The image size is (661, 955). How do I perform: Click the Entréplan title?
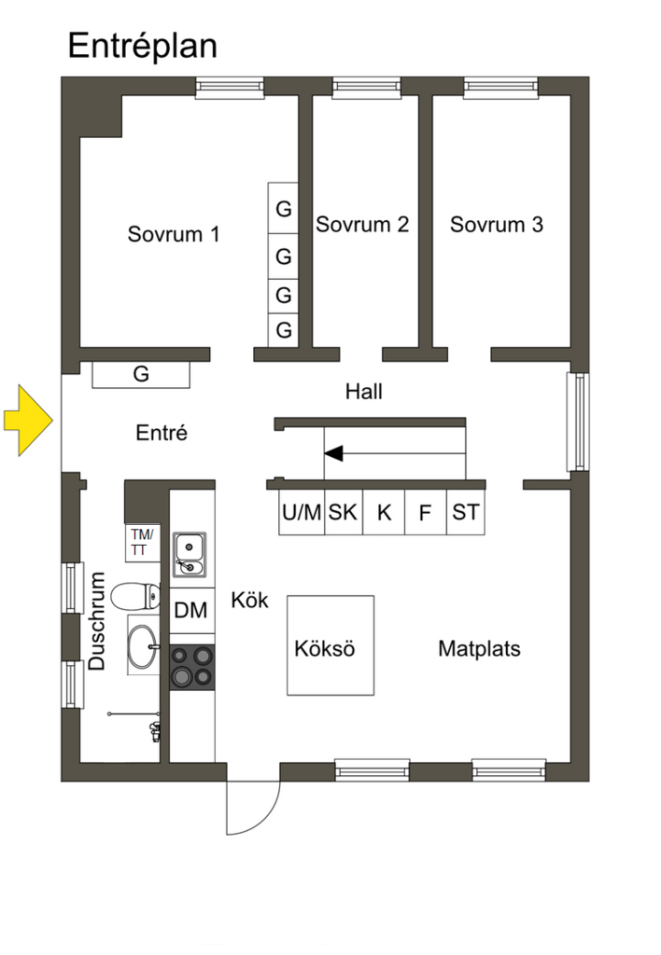tap(142, 45)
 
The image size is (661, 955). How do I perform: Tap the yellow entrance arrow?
tap(29, 422)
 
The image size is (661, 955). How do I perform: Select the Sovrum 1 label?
tap(174, 234)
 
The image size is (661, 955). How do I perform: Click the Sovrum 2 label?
tap(362, 225)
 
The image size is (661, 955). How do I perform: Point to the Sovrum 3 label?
tap(497, 225)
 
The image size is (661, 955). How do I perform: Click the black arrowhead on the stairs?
tap(333, 454)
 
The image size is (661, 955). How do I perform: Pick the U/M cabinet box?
tap(302, 512)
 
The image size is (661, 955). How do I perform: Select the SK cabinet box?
tap(343, 512)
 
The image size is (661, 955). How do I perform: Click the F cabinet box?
tap(425, 512)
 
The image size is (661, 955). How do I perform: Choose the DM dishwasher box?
tap(191, 611)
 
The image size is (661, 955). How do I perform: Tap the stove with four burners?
tap(191, 667)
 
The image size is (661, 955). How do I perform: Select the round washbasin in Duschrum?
tap(141, 646)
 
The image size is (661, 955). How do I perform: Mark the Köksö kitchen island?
tap(330, 645)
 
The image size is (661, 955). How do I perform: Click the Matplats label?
tap(479, 649)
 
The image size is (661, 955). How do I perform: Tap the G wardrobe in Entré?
tap(141, 375)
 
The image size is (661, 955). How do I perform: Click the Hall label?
tap(364, 392)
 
